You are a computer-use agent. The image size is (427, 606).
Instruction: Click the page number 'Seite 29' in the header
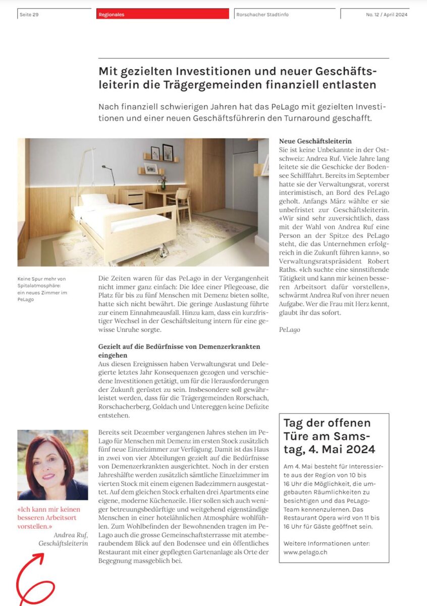[x=29, y=15]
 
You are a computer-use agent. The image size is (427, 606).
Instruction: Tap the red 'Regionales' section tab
[x=112, y=15]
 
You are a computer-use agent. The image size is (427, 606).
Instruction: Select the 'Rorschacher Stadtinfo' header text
[x=262, y=15]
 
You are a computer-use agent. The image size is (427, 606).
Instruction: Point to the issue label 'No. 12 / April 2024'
[x=387, y=15]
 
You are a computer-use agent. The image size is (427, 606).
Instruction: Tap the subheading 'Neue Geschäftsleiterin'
[x=315, y=141]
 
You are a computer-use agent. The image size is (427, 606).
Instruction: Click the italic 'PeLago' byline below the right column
[x=290, y=330]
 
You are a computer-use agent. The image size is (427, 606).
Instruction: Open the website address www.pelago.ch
[x=306, y=552]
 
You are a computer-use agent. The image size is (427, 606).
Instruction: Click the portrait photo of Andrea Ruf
[x=52, y=465]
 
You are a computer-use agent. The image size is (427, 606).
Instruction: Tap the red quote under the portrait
[x=49, y=518]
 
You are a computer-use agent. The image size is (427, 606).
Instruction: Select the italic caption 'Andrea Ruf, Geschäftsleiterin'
[x=64, y=539]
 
